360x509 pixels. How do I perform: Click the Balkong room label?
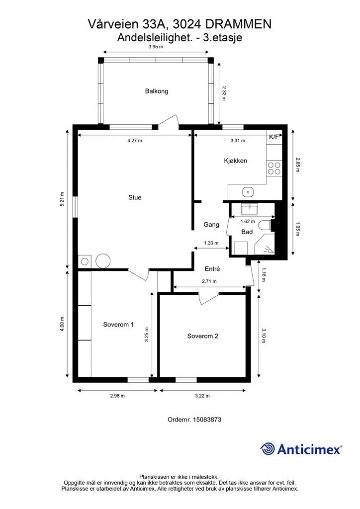(x=157, y=91)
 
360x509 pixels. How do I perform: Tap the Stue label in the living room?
(x=135, y=197)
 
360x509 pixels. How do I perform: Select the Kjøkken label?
(x=235, y=161)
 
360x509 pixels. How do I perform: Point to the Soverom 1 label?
(x=118, y=324)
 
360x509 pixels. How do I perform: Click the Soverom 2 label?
(x=202, y=336)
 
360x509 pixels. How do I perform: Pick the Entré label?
(x=212, y=269)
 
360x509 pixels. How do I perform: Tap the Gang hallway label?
(x=211, y=224)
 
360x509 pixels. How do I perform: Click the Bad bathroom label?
(x=247, y=232)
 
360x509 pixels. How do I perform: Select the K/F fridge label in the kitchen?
(x=273, y=137)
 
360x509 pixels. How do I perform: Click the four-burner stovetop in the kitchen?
(x=274, y=169)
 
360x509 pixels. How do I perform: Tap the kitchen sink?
(x=248, y=192)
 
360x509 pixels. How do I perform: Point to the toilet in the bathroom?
(x=265, y=225)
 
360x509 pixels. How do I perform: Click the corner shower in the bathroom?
(x=265, y=247)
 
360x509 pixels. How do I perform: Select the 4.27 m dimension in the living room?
(x=135, y=141)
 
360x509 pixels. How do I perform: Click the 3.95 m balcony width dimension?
(x=156, y=46)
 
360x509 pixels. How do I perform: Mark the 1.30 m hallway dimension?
(x=211, y=243)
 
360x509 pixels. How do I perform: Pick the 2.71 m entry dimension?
(x=209, y=281)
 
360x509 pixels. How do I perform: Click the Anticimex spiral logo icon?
(x=268, y=449)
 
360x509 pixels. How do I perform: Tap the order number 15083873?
(x=207, y=420)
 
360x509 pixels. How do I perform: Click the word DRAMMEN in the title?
(x=239, y=24)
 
